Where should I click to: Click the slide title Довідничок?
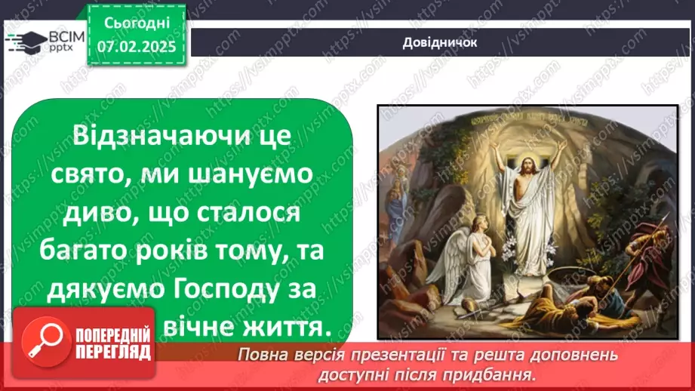439,42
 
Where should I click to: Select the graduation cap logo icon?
27,42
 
